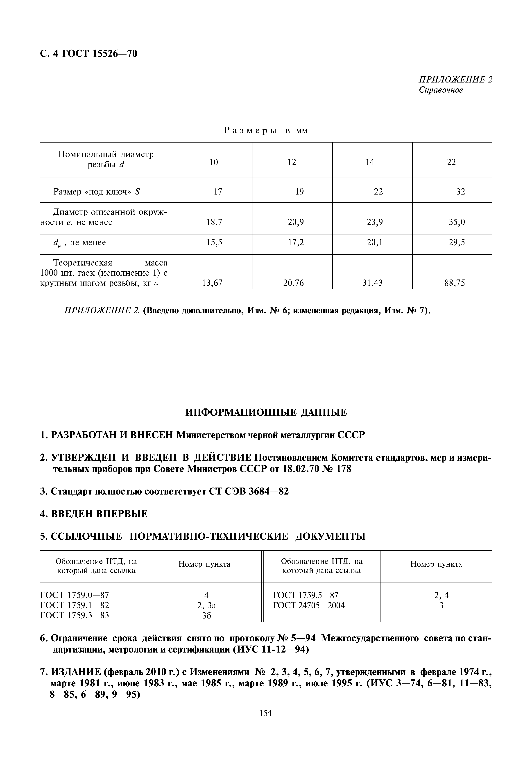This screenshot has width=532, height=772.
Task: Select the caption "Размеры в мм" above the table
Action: coord(266,131)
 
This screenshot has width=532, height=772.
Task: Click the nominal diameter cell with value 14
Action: coord(370,162)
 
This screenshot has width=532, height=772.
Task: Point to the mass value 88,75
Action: coord(454,283)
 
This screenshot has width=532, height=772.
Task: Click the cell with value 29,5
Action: coord(457,243)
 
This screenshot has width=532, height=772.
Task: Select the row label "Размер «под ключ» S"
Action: coord(97,192)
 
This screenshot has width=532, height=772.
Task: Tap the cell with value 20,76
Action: coord(293,283)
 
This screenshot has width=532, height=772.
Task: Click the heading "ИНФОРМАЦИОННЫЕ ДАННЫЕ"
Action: coord(266,412)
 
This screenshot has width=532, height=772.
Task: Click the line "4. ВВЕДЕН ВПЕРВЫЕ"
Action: coord(94,514)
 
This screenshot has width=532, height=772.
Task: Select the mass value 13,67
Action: coord(212,283)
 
